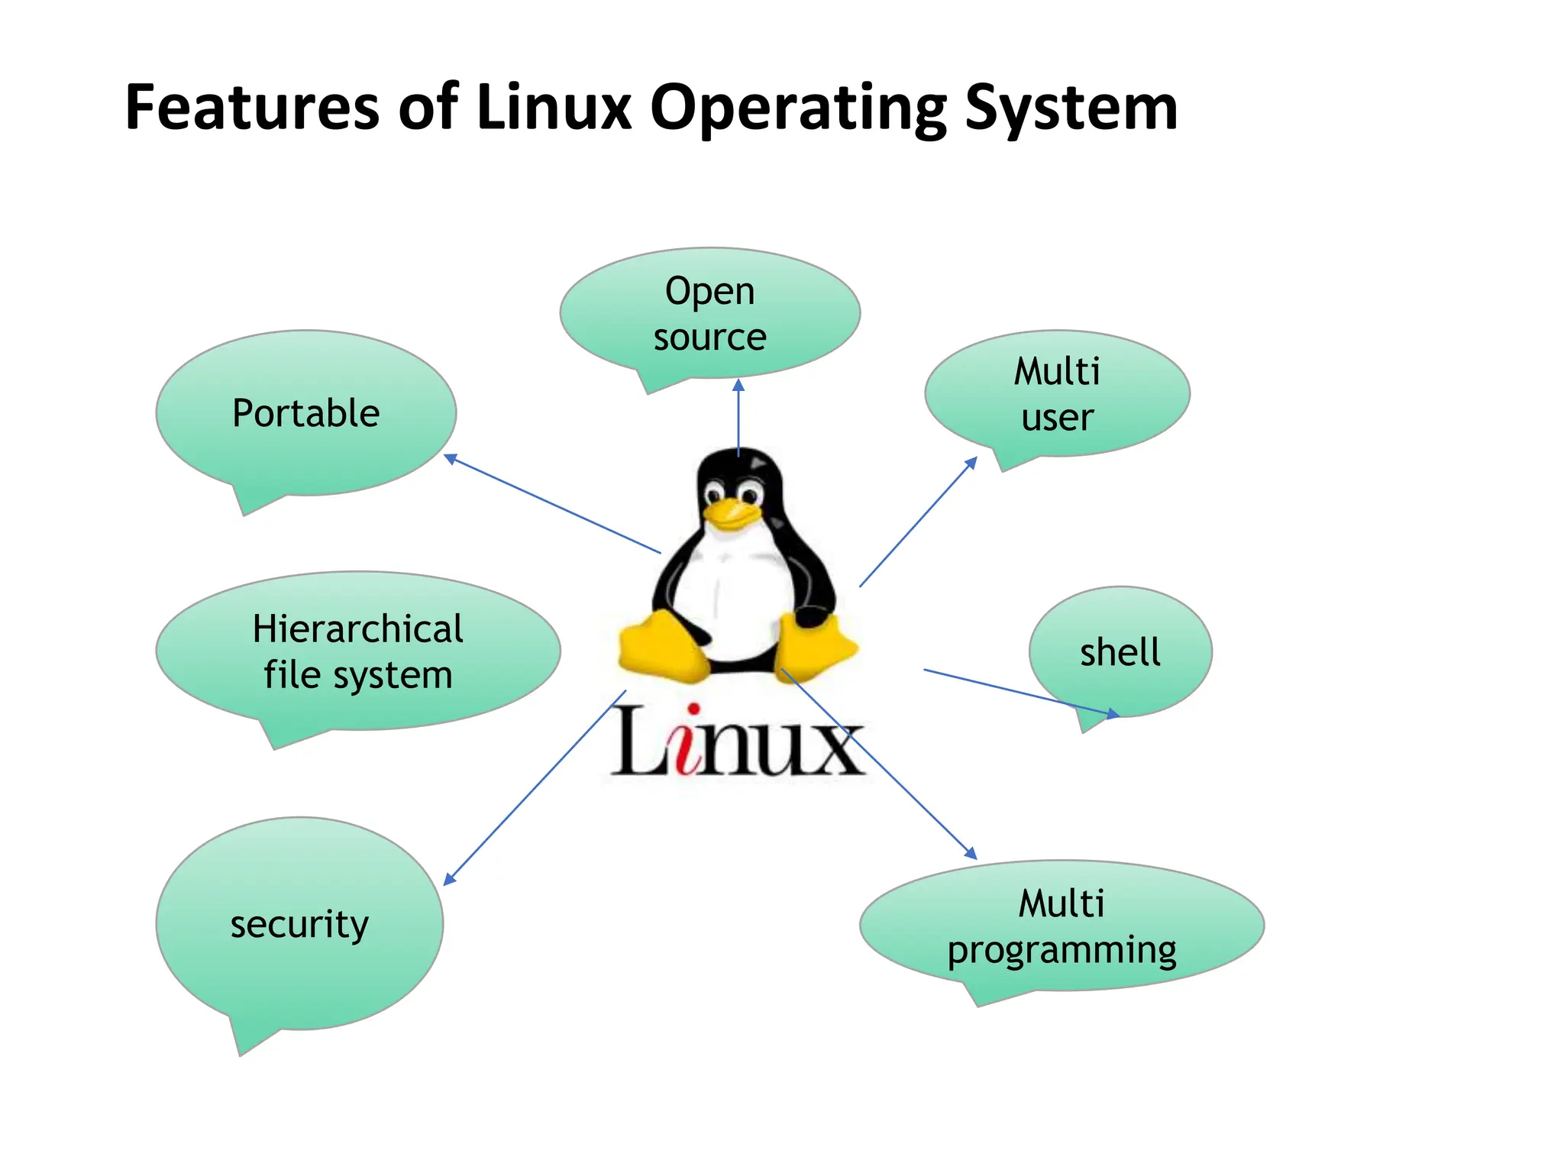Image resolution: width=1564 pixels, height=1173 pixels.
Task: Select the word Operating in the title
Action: [797, 108]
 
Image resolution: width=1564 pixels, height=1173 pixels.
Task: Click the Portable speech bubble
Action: [305, 413]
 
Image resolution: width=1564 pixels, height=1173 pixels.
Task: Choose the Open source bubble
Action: [709, 313]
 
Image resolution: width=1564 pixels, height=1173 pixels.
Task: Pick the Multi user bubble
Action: [1057, 394]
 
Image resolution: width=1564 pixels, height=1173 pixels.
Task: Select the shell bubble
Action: [1120, 652]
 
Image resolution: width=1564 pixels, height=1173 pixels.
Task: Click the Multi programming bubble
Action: [1062, 926]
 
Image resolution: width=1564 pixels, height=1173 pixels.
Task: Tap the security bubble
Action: [299, 924]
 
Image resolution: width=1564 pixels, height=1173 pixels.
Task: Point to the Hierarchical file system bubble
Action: [357, 651]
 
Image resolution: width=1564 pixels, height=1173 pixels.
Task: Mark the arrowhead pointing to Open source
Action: [738, 385]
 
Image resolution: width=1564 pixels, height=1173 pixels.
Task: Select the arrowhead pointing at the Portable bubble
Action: [451, 458]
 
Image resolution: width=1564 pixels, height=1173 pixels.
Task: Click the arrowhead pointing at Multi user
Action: [971, 462]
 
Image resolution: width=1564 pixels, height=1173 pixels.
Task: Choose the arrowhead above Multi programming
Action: [971, 853]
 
